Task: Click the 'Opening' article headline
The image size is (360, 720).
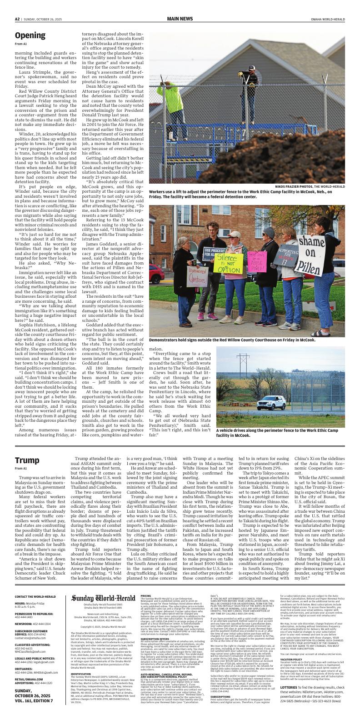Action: (x=30, y=35)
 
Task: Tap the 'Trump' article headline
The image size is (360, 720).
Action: (x=27, y=460)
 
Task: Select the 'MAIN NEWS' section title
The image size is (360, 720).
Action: (x=180, y=19)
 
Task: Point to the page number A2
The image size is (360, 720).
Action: (x=17, y=19)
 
